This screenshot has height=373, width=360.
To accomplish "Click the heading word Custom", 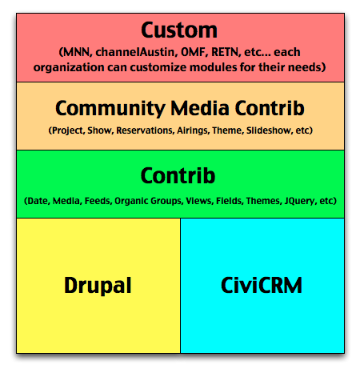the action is [179, 30].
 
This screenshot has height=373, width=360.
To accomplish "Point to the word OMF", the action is [194, 52].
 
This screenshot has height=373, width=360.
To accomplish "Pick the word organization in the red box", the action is [69, 67].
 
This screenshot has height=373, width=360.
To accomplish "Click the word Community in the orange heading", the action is [110, 109].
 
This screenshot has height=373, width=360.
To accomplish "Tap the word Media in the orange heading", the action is [200, 108].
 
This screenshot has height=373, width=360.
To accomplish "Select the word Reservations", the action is [145, 130].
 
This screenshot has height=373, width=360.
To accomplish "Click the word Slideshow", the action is [269, 130].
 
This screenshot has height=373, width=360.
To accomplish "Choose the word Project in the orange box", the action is [68, 130].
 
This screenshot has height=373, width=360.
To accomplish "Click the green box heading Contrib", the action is [178, 175].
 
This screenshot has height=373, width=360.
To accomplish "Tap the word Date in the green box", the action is [38, 201].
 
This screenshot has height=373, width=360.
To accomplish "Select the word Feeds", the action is [98, 201].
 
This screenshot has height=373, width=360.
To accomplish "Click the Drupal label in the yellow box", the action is [98, 286].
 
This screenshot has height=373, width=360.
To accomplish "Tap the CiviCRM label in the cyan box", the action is [262, 285].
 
